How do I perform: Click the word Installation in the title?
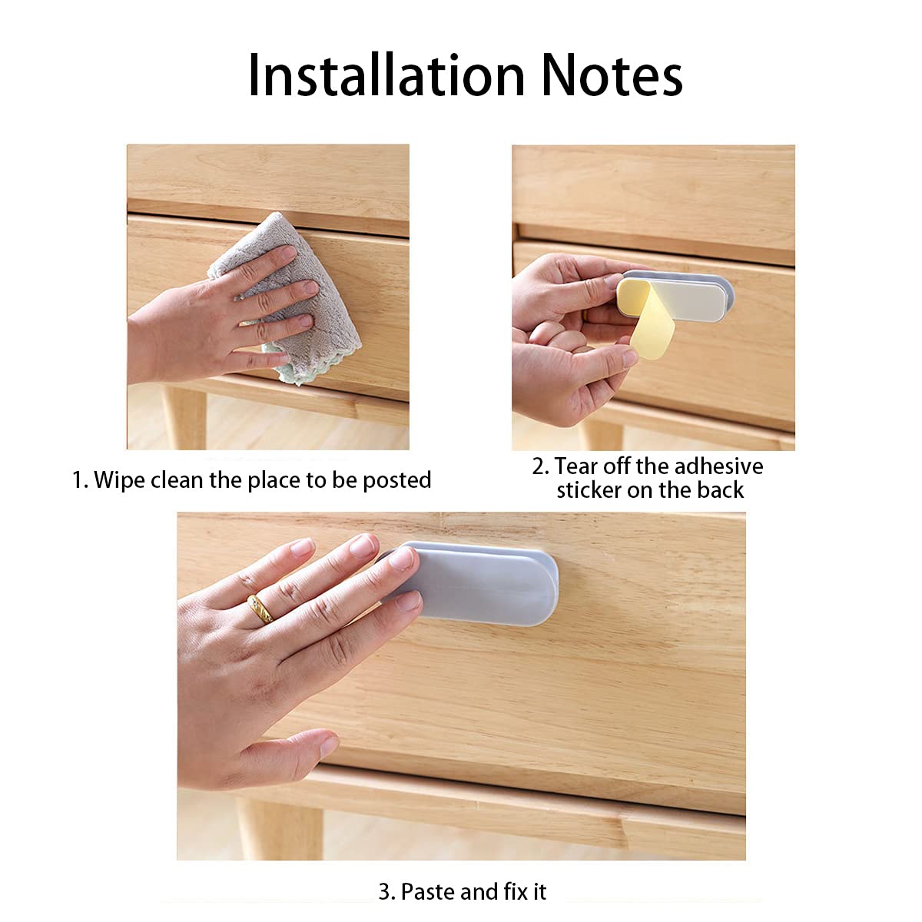pyautogui.click(x=386, y=75)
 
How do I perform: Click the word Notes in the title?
pyautogui.click(x=612, y=75)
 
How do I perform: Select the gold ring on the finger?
pyautogui.click(x=260, y=609)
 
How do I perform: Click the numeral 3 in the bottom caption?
pyautogui.click(x=384, y=892)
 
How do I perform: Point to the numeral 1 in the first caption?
pyautogui.click(x=78, y=481)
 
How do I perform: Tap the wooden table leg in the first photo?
pyautogui.click(x=184, y=417)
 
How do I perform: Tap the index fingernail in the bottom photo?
pyautogui.click(x=401, y=558)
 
